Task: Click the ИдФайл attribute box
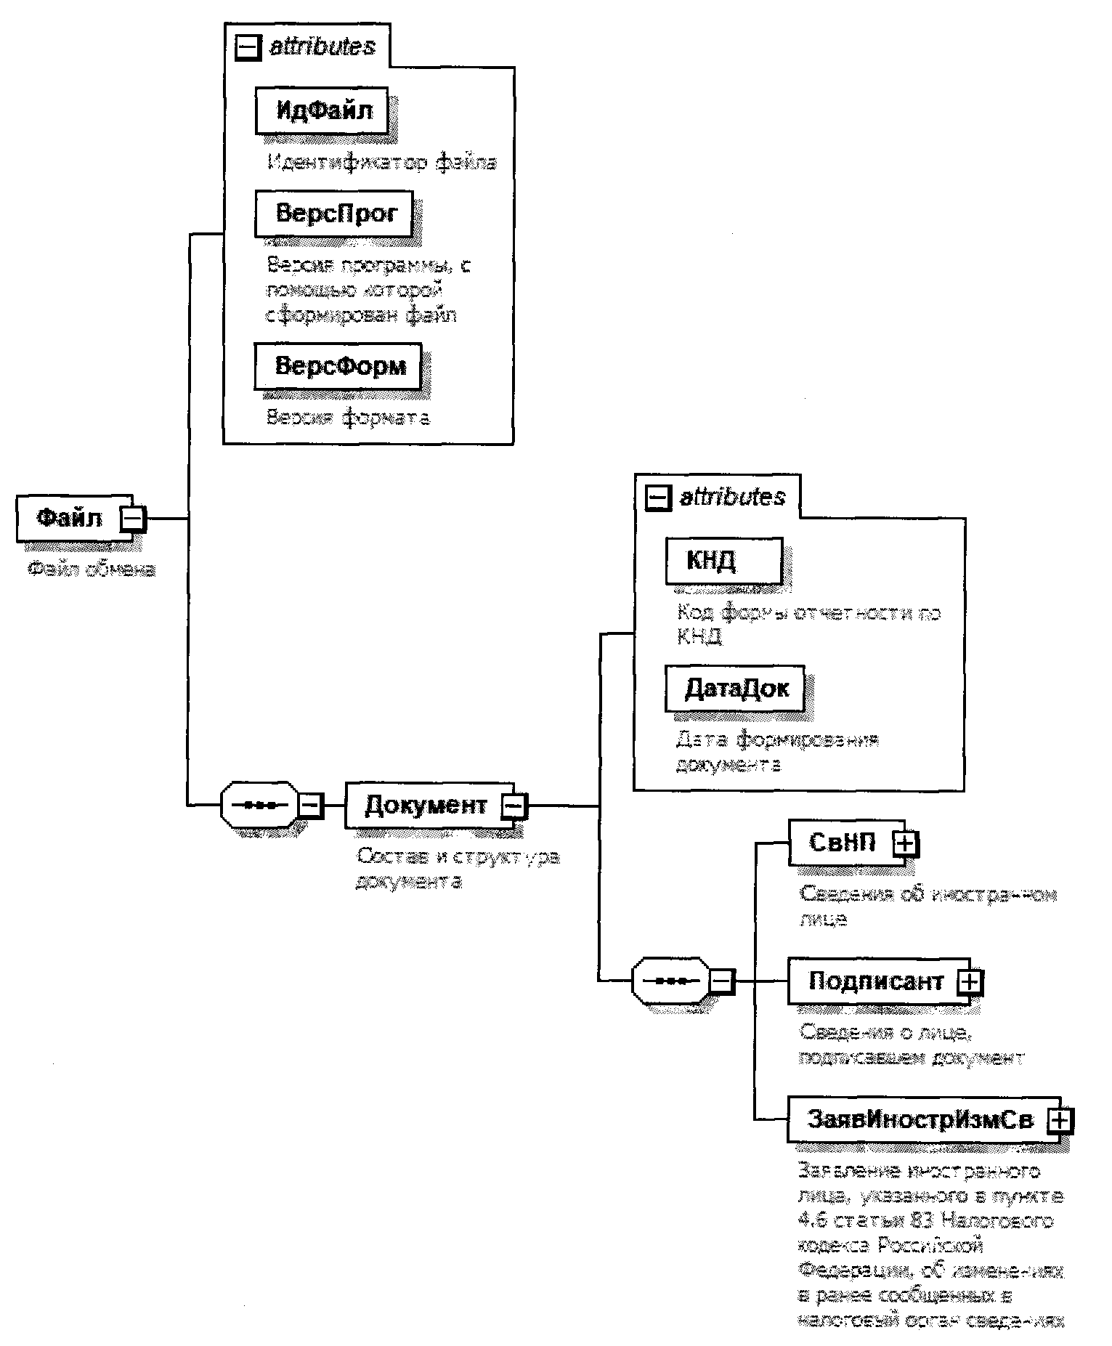322,110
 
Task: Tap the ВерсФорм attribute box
338,365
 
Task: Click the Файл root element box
70,519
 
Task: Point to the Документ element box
425,805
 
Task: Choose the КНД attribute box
723,561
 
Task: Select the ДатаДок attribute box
735,688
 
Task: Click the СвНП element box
843,843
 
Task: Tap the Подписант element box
875,981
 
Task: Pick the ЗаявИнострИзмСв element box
919,1119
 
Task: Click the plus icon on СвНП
906,843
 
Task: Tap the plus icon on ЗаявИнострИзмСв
1060,1120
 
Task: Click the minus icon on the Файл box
133,519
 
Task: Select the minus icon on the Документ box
515,805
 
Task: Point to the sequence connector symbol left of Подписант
671,981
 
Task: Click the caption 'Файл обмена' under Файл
92,569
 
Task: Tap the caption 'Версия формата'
348,418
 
